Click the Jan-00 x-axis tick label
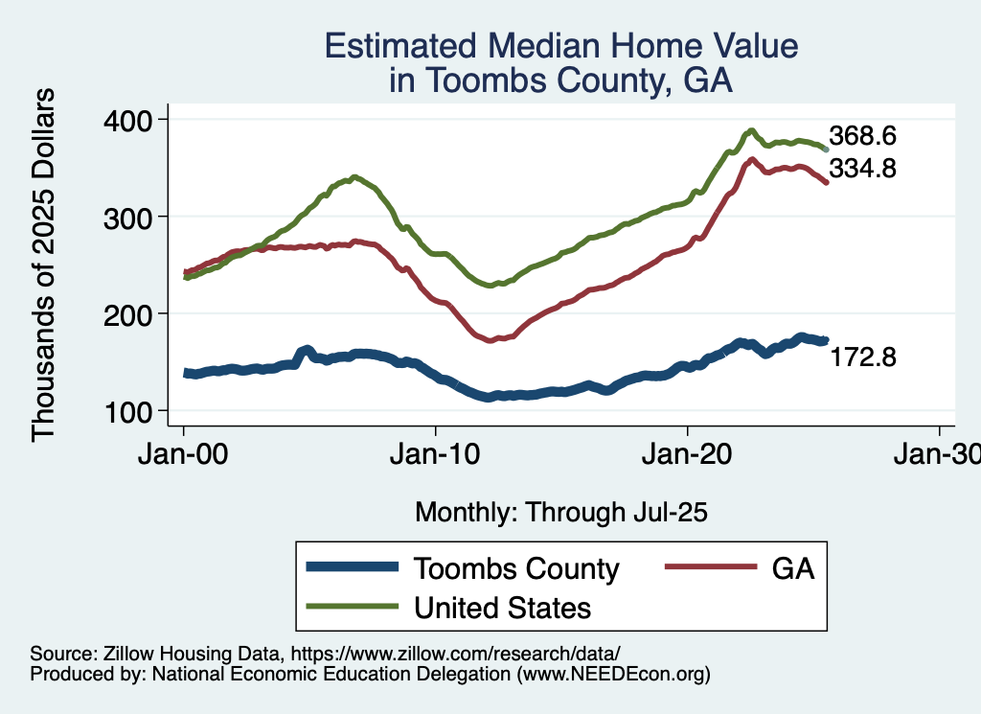[183, 453]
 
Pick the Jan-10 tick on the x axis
[435, 453]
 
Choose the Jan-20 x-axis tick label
[687, 453]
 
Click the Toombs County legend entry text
[516, 568]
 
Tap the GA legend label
[793, 568]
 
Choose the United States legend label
[502, 608]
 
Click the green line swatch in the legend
[352, 607]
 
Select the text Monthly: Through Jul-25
[560, 513]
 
